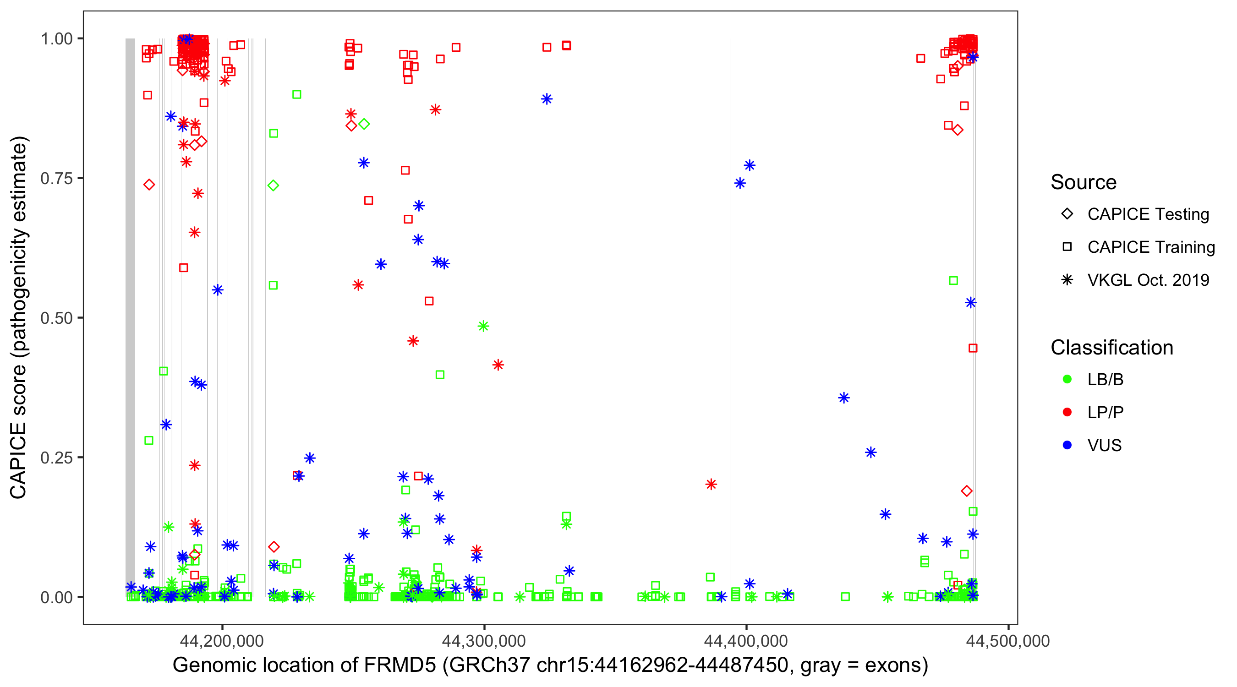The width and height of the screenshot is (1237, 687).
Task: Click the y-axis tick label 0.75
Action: point(56,179)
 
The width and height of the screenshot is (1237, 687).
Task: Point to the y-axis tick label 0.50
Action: point(56,318)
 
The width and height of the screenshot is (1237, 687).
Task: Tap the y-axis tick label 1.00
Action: point(56,39)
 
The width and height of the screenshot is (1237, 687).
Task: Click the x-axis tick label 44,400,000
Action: point(746,640)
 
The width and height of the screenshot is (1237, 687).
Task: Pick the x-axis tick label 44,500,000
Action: point(1007,640)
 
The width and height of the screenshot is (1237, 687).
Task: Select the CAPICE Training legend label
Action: point(1151,247)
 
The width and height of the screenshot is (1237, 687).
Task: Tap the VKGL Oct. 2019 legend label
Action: point(1148,280)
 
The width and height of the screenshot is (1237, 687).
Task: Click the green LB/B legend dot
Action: point(1067,379)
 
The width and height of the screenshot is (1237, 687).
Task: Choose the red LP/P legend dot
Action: point(1067,412)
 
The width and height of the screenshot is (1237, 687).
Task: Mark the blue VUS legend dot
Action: point(1067,445)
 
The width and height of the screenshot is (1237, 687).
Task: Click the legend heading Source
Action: point(1084,182)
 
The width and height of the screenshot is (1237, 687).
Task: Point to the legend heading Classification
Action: point(1111,348)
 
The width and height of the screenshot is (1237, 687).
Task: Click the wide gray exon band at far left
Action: point(130,317)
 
